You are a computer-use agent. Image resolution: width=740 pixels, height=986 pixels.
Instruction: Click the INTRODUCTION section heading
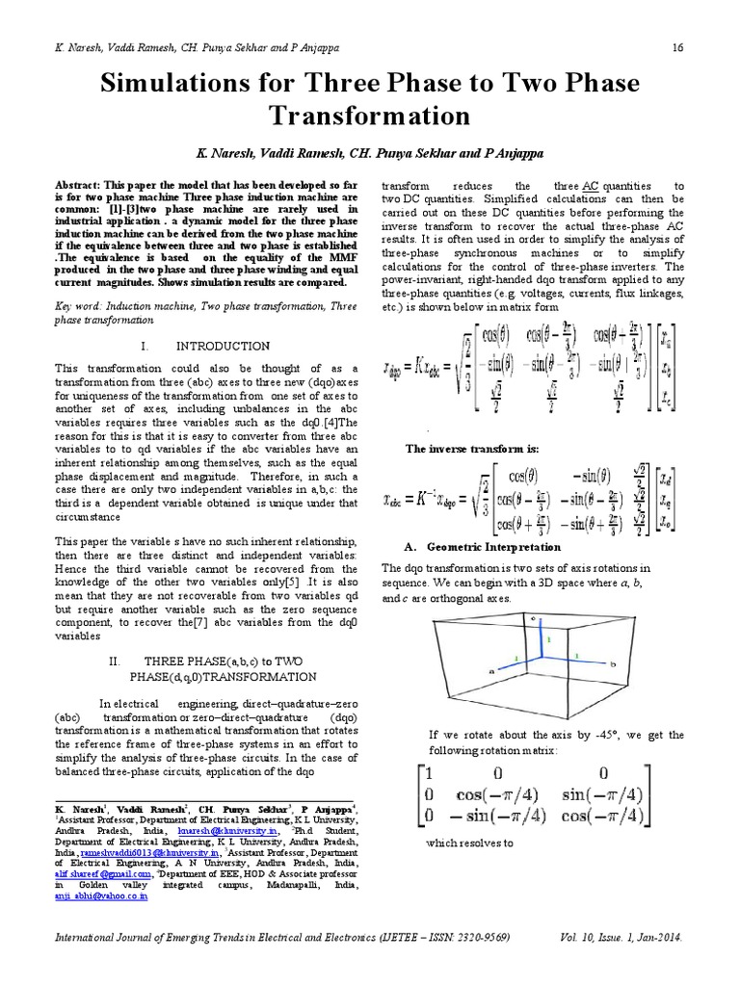224,346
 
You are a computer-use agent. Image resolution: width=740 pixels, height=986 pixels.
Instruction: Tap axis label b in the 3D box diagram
612,664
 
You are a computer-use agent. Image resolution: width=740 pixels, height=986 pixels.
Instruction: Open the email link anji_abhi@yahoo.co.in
100,895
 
